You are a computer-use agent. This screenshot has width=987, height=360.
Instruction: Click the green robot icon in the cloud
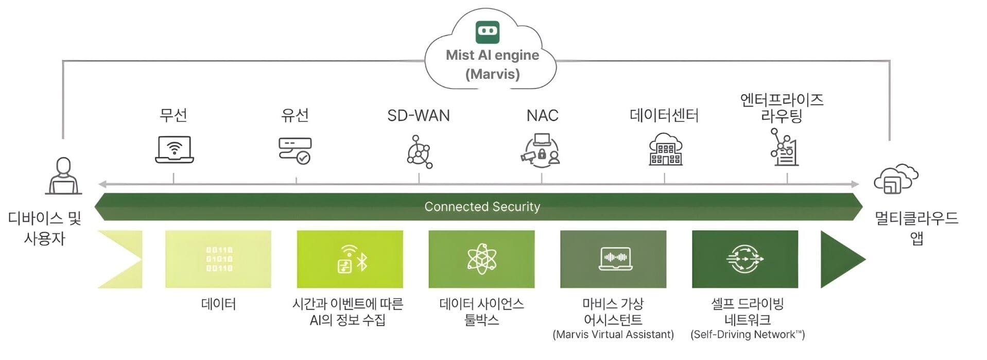tap(487, 32)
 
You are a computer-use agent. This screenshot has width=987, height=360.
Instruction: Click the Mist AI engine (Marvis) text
tap(492, 64)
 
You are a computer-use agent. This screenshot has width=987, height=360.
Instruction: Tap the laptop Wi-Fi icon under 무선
tap(175, 149)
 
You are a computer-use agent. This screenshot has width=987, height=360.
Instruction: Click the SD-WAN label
tap(418, 115)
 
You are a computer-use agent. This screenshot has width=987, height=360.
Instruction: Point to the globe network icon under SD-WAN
tap(419, 152)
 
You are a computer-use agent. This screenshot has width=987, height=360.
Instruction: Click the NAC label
tap(542, 115)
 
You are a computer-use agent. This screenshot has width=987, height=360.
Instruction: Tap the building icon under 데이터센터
tap(665, 150)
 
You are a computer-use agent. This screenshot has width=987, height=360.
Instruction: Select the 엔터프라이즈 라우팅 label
tap(782, 108)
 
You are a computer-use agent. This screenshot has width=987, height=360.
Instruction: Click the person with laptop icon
tap(63, 176)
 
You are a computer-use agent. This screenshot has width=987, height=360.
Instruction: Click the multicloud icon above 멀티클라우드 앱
tap(896, 179)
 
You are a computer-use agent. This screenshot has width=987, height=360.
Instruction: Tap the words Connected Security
tap(482, 207)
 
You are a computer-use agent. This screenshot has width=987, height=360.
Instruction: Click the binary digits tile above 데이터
tap(218, 259)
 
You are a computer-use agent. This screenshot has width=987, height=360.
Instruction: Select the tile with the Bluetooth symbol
tap(350, 259)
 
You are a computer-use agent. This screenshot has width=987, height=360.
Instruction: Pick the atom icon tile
tap(481, 259)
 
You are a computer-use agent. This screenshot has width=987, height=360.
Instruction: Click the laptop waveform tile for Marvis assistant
tap(613, 259)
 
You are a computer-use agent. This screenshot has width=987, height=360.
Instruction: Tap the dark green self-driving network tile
tap(744, 259)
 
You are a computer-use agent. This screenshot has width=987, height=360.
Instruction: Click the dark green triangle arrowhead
tap(839, 259)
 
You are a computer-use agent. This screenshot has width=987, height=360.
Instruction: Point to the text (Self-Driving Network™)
tap(747, 335)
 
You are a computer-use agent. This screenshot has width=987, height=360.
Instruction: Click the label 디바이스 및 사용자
tap(45, 228)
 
